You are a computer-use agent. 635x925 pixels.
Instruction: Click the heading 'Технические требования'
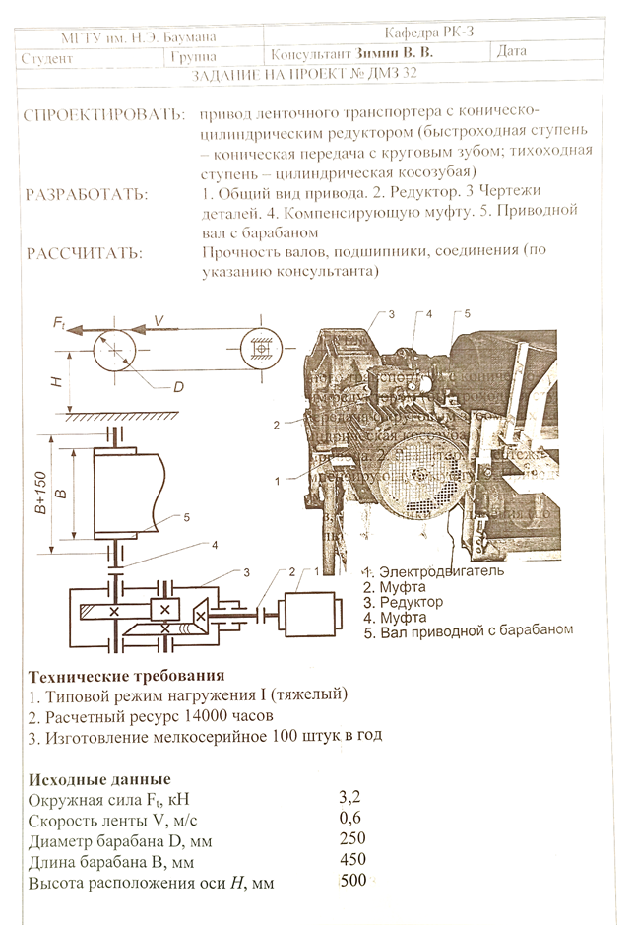point(127,677)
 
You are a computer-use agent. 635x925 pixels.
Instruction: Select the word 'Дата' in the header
point(513,51)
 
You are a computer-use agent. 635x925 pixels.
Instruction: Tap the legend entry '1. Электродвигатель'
point(433,571)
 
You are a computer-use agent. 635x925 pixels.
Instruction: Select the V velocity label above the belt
point(156,320)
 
